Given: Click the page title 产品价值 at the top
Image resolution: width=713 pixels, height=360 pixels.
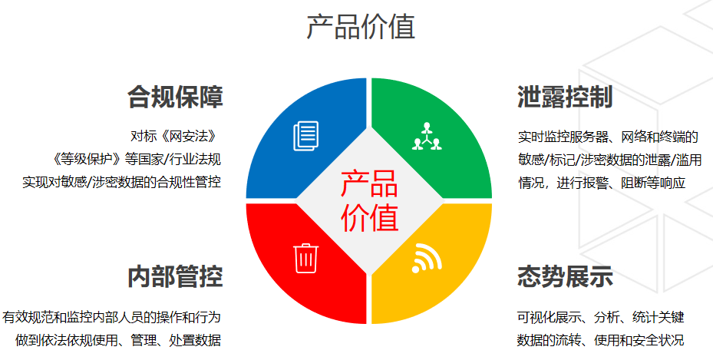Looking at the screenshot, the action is click(x=361, y=26).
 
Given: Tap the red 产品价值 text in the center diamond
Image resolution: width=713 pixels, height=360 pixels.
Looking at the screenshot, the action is click(x=369, y=200).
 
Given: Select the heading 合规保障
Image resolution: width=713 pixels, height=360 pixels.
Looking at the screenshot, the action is click(x=175, y=97).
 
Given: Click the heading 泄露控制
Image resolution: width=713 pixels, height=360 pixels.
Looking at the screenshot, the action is click(x=565, y=97).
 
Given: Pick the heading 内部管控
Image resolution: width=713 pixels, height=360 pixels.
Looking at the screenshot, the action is click(x=175, y=276).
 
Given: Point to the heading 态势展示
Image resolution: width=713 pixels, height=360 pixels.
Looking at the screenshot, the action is click(x=565, y=276).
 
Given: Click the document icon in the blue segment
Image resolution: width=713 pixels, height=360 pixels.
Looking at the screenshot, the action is click(x=306, y=135).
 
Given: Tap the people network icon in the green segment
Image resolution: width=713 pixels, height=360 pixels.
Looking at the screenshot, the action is click(x=427, y=136).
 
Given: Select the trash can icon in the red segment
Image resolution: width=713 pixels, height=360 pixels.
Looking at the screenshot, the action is click(x=306, y=258).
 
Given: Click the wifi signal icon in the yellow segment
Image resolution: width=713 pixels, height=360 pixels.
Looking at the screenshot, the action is click(x=427, y=258).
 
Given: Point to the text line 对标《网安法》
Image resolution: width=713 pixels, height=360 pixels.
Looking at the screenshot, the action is click(x=173, y=136).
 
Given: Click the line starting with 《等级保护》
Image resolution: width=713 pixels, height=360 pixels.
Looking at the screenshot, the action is click(x=136, y=159).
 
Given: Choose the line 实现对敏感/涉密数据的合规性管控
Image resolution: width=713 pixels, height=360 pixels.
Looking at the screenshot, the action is click(x=122, y=182).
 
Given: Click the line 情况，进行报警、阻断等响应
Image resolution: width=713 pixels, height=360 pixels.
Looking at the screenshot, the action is click(x=602, y=183).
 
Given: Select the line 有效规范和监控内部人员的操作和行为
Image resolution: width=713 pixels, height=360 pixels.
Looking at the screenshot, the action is click(x=111, y=317).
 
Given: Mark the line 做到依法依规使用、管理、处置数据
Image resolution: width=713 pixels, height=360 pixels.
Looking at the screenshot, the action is click(x=118, y=340).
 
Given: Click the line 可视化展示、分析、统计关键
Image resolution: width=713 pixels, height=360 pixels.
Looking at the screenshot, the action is click(x=601, y=317).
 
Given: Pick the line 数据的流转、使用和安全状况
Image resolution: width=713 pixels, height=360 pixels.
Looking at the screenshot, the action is click(x=601, y=340).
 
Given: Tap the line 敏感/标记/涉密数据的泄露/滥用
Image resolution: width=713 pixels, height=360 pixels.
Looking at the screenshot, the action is click(x=610, y=160).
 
